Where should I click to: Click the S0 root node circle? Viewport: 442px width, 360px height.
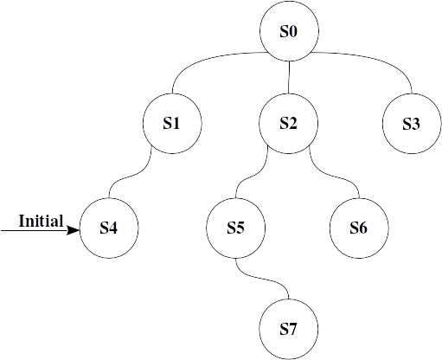289,31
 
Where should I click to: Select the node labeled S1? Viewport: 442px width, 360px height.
172,124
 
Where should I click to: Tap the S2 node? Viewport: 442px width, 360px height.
288,124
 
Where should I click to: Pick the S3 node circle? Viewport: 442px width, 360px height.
412,124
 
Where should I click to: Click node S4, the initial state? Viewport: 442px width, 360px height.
109,228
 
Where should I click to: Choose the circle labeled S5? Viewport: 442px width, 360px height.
235,228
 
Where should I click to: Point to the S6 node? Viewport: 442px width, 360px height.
359,228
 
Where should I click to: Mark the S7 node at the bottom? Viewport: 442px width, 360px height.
288,329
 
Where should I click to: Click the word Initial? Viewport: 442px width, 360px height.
41,222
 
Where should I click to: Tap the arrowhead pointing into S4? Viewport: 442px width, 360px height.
74,230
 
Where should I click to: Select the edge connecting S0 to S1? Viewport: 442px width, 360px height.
202,60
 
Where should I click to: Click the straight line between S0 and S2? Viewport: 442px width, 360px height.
289,77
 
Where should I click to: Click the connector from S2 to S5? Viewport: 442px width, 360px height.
250,176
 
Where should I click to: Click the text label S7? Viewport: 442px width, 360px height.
288,329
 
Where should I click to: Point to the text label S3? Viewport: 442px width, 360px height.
412,124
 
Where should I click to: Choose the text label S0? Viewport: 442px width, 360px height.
288,31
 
